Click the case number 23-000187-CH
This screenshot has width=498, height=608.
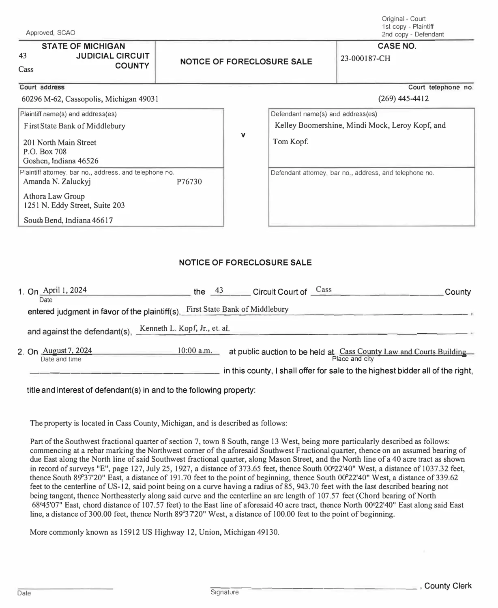click(365, 58)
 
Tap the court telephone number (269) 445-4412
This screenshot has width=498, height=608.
click(403, 98)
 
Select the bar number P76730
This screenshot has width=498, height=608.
click(189, 182)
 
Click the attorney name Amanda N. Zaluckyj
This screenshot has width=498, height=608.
click(57, 181)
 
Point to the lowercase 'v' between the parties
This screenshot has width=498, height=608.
click(243, 135)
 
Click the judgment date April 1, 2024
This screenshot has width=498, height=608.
click(64, 290)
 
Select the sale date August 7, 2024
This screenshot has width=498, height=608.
click(67, 351)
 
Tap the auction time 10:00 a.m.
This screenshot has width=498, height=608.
click(195, 351)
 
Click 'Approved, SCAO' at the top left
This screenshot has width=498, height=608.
click(50, 33)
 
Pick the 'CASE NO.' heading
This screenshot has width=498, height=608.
click(397, 46)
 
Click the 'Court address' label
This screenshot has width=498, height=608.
click(42, 87)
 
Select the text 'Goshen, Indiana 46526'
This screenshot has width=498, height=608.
click(61, 161)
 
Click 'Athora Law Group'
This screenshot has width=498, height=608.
click(54, 196)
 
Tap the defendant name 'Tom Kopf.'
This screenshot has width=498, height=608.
click(290, 141)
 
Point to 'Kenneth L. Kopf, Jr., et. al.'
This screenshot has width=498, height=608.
click(185, 328)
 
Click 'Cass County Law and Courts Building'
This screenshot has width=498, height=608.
click(402, 351)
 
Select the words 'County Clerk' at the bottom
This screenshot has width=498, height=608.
click(448, 586)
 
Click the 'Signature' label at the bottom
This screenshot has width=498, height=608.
click(224, 592)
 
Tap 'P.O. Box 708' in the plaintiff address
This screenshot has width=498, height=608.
click(45, 152)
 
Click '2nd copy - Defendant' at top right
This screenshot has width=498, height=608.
click(412, 34)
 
